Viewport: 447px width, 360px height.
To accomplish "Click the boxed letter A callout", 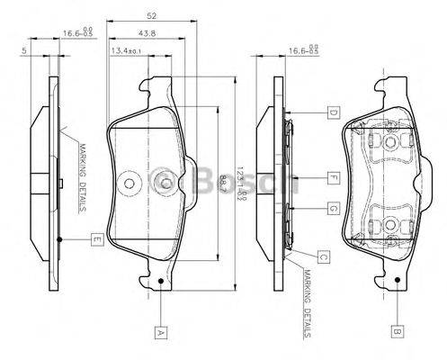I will pos(161,330).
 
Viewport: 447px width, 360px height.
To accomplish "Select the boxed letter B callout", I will pos(396,330).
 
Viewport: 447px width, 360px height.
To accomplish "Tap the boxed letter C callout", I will pos(322,256).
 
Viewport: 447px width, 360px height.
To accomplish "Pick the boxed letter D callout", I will pos(332,112).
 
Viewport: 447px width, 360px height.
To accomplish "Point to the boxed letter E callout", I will pos(95,239).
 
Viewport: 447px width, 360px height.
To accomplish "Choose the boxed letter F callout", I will pos(332,176).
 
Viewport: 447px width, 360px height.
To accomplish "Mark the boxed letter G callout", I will pos(332,209).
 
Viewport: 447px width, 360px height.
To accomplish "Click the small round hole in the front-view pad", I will pos(129,184).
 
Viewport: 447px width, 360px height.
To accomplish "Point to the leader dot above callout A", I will pos(161,283).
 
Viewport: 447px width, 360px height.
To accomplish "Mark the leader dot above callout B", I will pos(396,283).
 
